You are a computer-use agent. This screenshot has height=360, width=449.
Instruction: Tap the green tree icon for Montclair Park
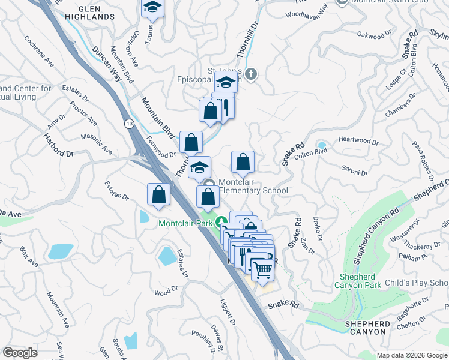pos(221,221)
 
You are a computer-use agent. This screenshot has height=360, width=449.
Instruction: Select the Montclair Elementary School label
pos(253,186)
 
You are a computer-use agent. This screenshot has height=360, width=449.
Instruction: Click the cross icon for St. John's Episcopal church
pos(252,74)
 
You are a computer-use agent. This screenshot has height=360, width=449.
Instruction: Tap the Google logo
pos(20,352)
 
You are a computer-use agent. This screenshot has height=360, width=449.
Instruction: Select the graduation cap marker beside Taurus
pos(152,8)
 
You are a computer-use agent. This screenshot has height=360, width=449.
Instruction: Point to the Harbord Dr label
pos(58,145)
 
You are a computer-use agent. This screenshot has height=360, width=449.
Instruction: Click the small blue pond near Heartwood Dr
pos(322,145)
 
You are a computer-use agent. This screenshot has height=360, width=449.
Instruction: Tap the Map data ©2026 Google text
pos(412,355)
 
